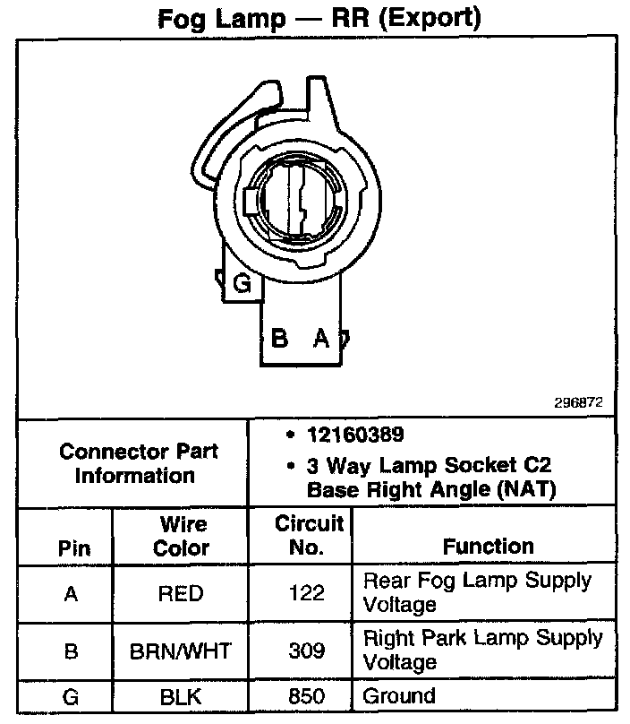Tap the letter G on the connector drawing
pyautogui.click(x=241, y=285)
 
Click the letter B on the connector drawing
pyautogui.click(x=279, y=339)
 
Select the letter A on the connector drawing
pyautogui.click(x=320, y=339)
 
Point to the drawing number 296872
pyautogui.click(x=578, y=402)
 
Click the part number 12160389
pyautogui.click(x=355, y=435)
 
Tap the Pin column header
pyautogui.click(x=74, y=547)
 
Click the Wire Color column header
pyautogui.click(x=182, y=536)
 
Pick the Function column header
pyautogui.click(x=488, y=546)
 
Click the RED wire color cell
pyautogui.click(x=180, y=593)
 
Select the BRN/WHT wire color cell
pyautogui.click(x=182, y=651)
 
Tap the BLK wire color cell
pyautogui.click(x=181, y=695)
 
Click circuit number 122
pyautogui.click(x=307, y=593)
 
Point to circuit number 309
pyautogui.click(x=307, y=651)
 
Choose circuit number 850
pyautogui.click(x=307, y=695)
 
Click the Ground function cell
pyautogui.click(x=399, y=695)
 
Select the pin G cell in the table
pyautogui.click(x=72, y=695)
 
